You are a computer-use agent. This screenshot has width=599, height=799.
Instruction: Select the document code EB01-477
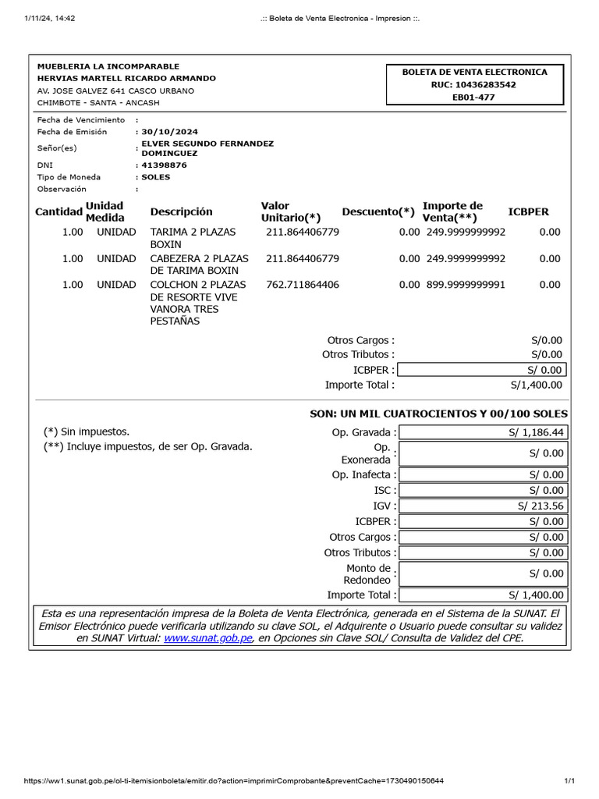(x=474, y=98)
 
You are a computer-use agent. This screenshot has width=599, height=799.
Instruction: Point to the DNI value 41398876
(x=165, y=165)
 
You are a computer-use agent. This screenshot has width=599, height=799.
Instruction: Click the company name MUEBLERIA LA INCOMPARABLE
(x=108, y=66)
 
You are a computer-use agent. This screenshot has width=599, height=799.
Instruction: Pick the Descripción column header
(x=181, y=211)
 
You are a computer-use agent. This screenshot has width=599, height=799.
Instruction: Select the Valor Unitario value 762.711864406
(x=303, y=285)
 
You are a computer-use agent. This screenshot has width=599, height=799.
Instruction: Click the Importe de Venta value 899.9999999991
(x=466, y=285)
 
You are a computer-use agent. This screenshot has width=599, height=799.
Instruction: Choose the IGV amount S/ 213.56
(x=541, y=506)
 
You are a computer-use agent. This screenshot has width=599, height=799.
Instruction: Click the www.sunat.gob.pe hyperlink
(x=208, y=638)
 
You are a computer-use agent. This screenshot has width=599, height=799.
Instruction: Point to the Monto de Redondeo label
(x=367, y=574)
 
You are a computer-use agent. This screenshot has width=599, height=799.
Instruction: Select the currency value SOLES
(x=156, y=177)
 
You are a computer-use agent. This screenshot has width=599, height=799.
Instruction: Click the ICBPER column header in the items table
(x=528, y=211)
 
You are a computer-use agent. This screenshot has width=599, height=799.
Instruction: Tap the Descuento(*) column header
(x=378, y=211)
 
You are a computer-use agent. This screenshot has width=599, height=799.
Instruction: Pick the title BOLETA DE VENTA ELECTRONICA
(x=474, y=72)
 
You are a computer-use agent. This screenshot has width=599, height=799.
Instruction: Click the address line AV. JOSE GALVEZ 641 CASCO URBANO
(x=116, y=91)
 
